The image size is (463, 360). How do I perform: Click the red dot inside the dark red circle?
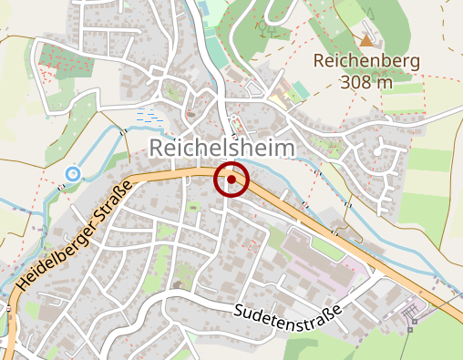[x=231, y=180]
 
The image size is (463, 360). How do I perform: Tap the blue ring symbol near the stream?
[x=72, y=173]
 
